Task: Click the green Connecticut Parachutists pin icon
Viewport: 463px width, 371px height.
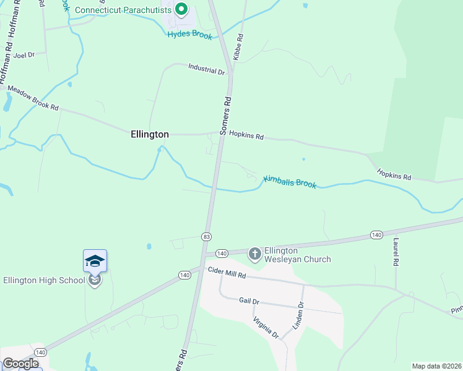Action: (x=181, y=10)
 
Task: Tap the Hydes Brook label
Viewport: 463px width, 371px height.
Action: (x=189, y=35)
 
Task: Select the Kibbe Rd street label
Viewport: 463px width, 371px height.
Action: (x=238, y=46)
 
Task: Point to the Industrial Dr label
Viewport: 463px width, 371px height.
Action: (x=207, y=71)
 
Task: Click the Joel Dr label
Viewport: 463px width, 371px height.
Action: (x=24, y=54)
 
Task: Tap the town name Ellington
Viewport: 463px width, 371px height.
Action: (x=149, y=134)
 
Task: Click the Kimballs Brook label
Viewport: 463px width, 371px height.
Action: (x=290, y=182)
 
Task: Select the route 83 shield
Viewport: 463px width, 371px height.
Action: (x=206, y=236)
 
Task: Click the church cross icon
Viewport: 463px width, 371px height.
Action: (x=254, y=254)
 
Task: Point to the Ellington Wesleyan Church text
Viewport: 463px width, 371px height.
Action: (x=298, y=255)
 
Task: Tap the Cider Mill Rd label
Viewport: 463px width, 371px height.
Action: (x=227, y=272)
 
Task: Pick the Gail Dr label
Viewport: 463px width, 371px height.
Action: (x=248, y=301)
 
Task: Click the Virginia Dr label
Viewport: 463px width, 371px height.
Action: (x=266, y=327)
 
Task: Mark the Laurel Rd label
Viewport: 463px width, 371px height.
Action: (x=395, y=252)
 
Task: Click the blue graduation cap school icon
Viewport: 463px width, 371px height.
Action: (x=95, y=261)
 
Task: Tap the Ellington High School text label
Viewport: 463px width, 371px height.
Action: (x=43, y=280)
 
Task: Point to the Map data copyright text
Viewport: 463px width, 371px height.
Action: (x=436, y=366)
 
